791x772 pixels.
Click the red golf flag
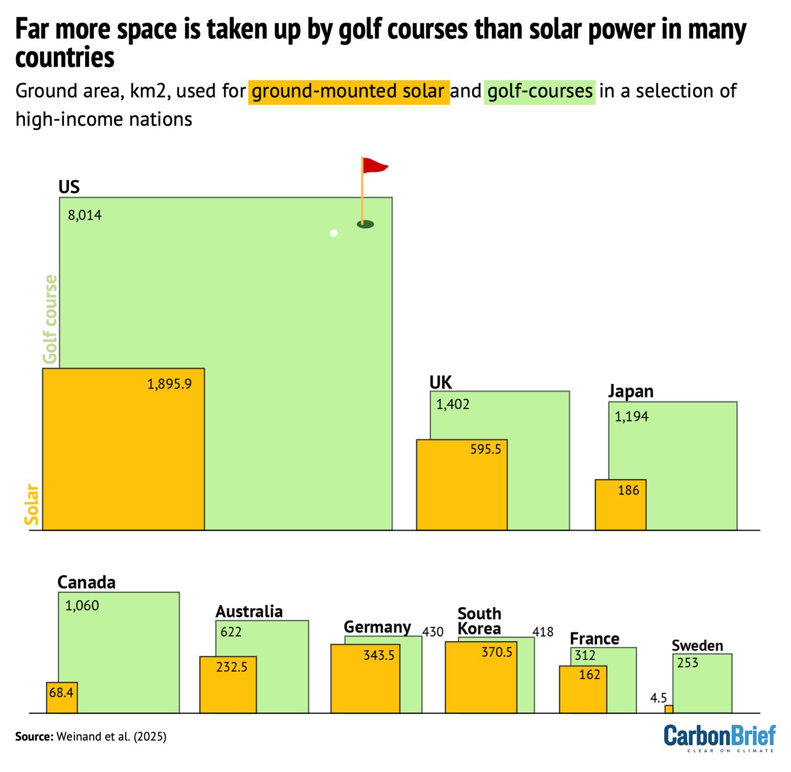point(374,166)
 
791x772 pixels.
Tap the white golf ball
point(334,233)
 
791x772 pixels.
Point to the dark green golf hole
point(365,224)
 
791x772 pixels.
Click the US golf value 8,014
point(84,215)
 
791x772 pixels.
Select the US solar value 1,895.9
point(169,384)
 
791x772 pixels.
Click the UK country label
point(440,383)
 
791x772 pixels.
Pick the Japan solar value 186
point(628,491)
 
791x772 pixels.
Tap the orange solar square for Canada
point(62,698)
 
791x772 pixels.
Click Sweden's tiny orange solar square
point(668,709)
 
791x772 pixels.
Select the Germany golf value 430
point(433,632)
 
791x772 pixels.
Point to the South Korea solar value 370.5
point(497,652)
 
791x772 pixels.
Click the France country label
point(594,639)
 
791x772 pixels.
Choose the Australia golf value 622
point(230,632)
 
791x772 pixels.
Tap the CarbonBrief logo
point(719,737)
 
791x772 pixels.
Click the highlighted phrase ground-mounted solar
point(348,92)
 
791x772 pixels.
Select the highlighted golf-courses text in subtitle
point(540,92)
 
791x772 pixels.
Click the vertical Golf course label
point(50,319)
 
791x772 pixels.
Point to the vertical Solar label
point(32,504)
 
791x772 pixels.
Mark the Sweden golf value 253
point(687,663)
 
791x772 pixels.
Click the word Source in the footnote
point(34,737)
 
